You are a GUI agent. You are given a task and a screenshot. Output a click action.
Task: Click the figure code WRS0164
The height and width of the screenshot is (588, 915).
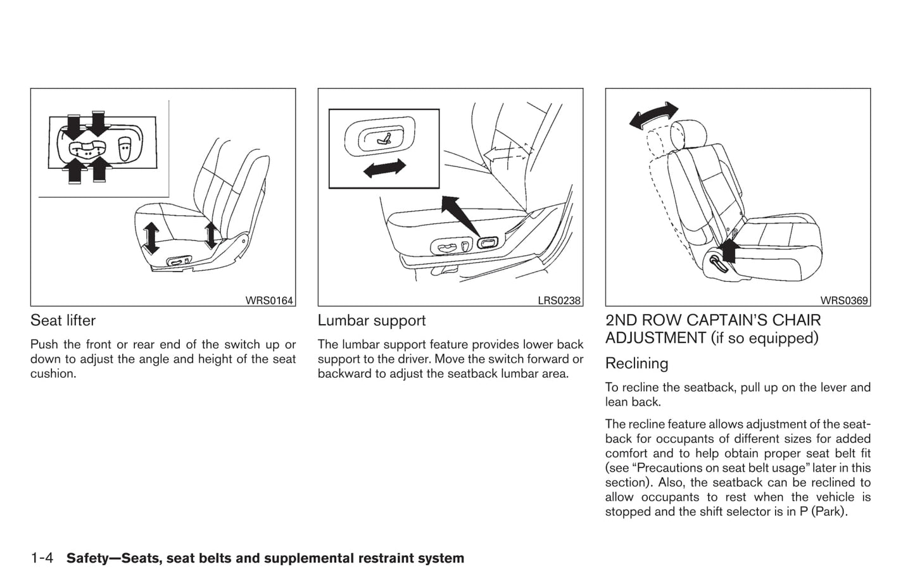tap(269, 301)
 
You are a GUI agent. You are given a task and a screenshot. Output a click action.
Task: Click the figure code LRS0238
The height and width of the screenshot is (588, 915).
tap(559, 301)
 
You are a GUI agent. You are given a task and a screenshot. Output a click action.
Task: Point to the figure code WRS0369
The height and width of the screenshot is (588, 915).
tap(844, 301)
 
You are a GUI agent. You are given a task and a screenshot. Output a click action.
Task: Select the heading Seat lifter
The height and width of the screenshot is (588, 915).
tap(63, 321)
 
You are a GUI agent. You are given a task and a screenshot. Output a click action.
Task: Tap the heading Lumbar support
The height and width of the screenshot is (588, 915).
tap(372, 321)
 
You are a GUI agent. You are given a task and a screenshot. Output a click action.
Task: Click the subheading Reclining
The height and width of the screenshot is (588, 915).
tap(636, 363)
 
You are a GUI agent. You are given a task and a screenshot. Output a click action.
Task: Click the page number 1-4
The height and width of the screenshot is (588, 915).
tap(44, 558)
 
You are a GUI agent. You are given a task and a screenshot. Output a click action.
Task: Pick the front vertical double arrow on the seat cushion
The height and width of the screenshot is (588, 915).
tap(151, 238)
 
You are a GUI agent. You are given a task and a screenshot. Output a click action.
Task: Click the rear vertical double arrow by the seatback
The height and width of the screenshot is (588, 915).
tap(211, 234)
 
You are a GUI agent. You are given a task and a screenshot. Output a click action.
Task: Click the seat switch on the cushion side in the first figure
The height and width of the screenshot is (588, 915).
tap(179, 261)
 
